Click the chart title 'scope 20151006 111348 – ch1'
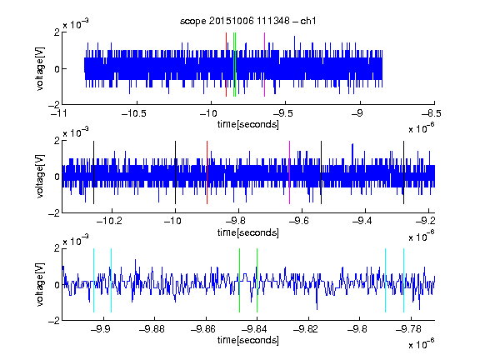coord(248,21)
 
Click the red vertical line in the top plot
coord(226,65)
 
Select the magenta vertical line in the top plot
coord(264,65)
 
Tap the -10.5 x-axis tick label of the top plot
coord(134,113)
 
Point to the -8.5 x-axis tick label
coord(431,113)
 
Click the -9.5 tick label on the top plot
coord(282,113)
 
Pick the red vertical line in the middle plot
coord(207,172)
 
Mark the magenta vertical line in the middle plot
coord(290,172)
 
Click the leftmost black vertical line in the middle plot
coord(93,172)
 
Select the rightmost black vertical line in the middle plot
coord(404,172)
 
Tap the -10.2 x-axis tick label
coord(109,221)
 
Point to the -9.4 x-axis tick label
coord(362,221)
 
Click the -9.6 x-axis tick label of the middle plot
coord(299,221)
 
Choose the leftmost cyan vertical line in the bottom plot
coord(93,280)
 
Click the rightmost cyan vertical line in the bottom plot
coord(404,280)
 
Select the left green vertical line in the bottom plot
coord(239,280)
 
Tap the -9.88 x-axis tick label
coord(152,329)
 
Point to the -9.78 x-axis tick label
coord(408,329)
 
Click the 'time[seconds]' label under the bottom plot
coord(248,340)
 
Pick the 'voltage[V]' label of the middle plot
coord(40,177)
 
